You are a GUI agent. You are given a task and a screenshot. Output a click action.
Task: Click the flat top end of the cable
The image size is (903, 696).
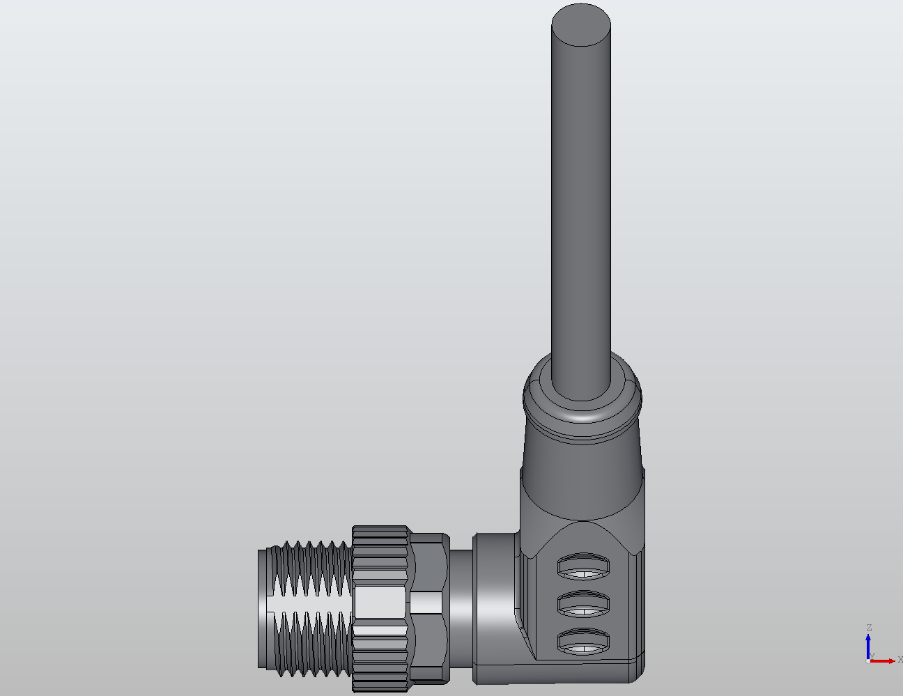point(581,25)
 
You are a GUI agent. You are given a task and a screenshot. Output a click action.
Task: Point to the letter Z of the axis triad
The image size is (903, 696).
point(869,628)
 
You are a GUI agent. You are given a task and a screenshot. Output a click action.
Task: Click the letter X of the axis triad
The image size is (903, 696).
point(900,659)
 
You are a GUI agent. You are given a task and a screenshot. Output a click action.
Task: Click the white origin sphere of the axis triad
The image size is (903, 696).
point(867,660)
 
